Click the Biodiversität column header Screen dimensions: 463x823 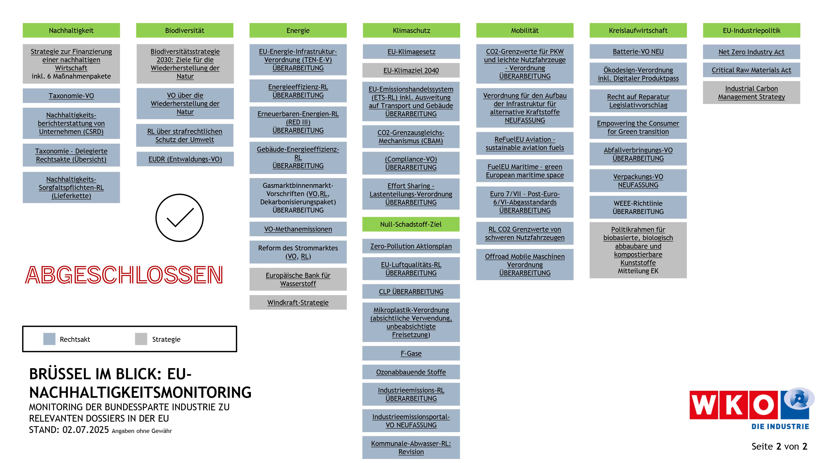(185, 30)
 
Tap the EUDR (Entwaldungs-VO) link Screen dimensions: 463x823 (185, 159)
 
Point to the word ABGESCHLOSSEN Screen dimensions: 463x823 (124, 275)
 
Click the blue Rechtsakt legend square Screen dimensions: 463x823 (49, 339)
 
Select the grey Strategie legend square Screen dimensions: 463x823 (141, 339)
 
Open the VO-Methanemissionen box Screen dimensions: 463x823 (298, 229)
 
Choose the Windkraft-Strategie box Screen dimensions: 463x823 (298, 302)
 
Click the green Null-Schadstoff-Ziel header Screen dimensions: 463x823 (411, 224)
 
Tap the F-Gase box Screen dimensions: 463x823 (411, 353)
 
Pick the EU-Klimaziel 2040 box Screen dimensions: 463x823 (411, 70)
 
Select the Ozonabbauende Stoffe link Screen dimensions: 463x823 (411, 372)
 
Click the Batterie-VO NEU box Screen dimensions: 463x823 (638, 51)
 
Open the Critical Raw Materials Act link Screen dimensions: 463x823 (751, 70)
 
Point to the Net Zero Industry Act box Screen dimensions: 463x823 (751, 52)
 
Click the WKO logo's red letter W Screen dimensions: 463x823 (703, 405)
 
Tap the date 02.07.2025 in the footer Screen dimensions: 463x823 (86, 430)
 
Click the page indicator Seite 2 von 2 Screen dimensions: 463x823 (779, 446)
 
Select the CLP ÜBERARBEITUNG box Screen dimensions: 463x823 (411, 291)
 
